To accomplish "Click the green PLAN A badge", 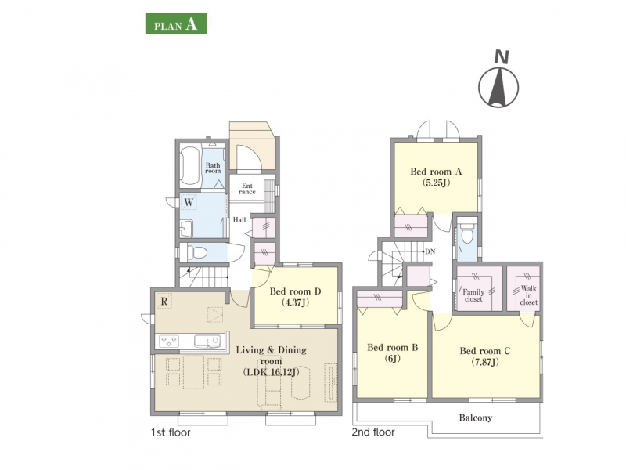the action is click(176, 23).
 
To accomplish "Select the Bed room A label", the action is click(436, 177).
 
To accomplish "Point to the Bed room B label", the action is click(393, 353).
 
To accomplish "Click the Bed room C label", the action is click(484, 356).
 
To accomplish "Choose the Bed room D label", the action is click(295, 297).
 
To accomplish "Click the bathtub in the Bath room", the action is click(189, 167).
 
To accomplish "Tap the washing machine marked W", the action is click(189, 202).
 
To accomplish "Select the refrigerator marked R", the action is click(164, 301).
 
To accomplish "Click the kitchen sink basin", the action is click(207, 342).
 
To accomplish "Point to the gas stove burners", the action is click(169, 342).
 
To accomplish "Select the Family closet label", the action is click(473, 295).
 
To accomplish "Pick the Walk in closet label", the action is click(529, 295).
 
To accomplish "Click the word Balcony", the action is click(476, 418).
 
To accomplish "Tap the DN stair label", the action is click(430, 251).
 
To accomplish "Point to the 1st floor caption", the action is click(171, 432).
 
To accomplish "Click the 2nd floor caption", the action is click(373, 432).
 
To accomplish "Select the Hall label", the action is click(239, 220).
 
